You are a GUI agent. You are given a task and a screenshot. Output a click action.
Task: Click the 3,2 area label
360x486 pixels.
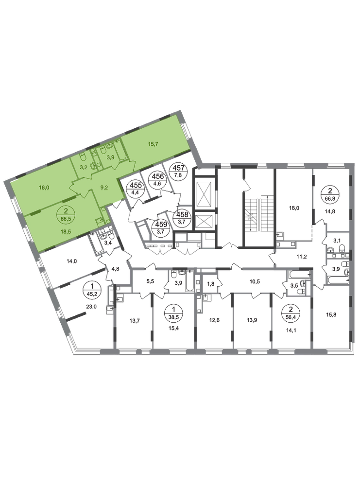click(83, 167)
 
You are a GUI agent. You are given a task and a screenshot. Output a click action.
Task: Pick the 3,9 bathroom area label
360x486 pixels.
click(111, 156)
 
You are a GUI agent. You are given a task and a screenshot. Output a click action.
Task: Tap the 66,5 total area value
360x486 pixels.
click(63, 219)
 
